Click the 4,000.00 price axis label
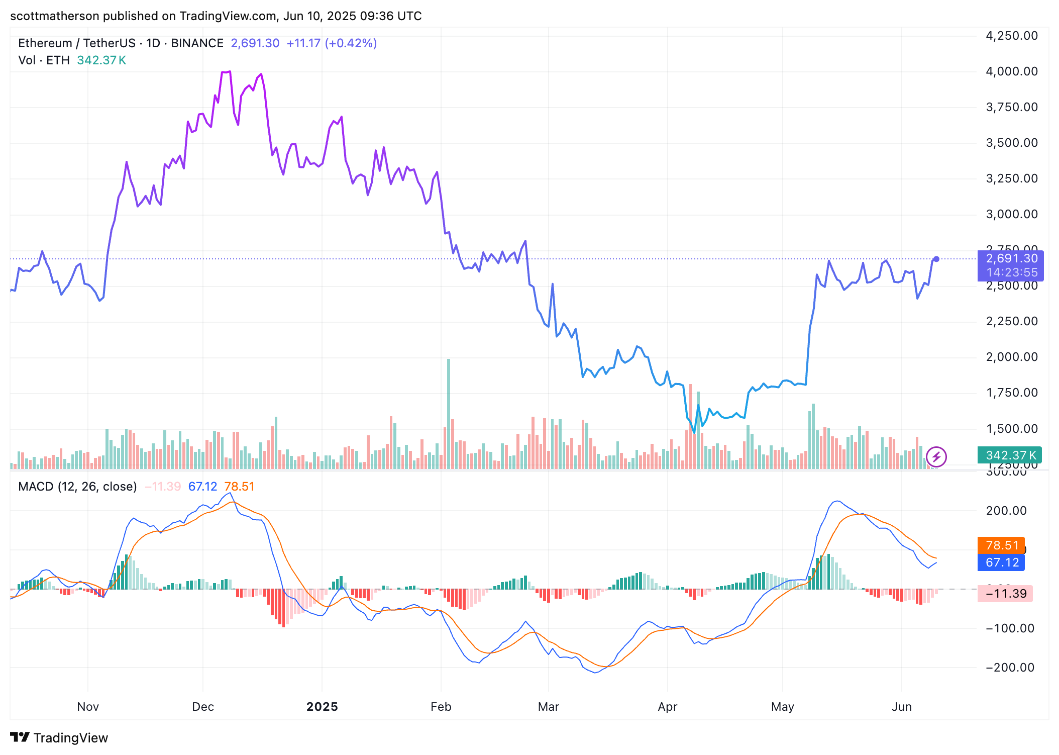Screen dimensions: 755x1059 click(x=1011, y=71)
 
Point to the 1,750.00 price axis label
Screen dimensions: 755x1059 click(x=1011, y=393)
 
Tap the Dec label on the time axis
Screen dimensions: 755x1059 click(x=203, y=706)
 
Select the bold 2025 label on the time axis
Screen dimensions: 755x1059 click(x=322, y=706)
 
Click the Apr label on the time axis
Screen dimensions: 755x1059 click(x=667, y=706)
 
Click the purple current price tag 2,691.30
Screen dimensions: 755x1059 click(x=1011, y=259)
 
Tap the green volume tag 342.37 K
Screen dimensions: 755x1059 click(x=1010, y=455)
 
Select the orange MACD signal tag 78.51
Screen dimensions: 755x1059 click(x=1001, y=545)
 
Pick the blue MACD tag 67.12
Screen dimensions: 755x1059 click(x=1001, y=562)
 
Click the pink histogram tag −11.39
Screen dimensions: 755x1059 click(x=1005, y=594)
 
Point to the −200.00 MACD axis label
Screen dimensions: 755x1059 click(x=1010, y=668)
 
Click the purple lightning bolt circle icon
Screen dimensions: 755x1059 click(x=936, y=457)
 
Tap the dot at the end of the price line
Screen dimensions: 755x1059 click(x=936, y=259)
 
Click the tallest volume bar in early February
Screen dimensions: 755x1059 click(x=449, y=412)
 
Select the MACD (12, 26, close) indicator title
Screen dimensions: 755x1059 click(x=77, y=487)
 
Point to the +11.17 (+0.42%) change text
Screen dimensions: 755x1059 click(x=332, y=43)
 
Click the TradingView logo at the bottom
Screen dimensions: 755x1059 click(x=59, y=737)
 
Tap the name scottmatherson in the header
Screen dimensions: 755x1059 click(x=55, y=16)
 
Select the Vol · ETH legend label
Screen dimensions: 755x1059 click(x=44, y=60)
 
